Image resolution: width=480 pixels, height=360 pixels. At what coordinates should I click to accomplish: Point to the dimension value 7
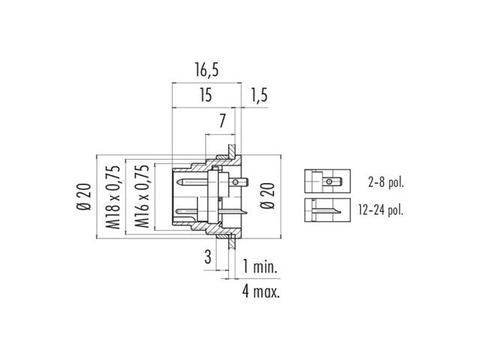click(223, 121)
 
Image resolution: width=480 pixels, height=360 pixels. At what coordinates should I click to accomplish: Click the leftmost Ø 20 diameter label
click(85, 198)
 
